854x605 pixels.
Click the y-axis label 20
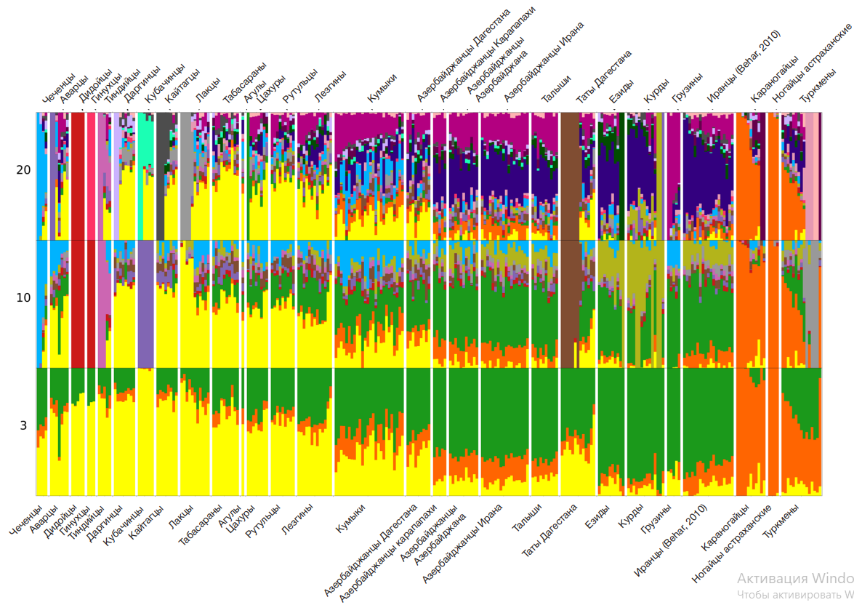[24, 170]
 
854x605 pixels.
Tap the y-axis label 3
[24, 425]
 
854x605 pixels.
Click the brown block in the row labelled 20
[570, 175]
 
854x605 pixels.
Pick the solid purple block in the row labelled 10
[145, 305]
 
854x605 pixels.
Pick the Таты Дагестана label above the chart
[603, 76]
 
